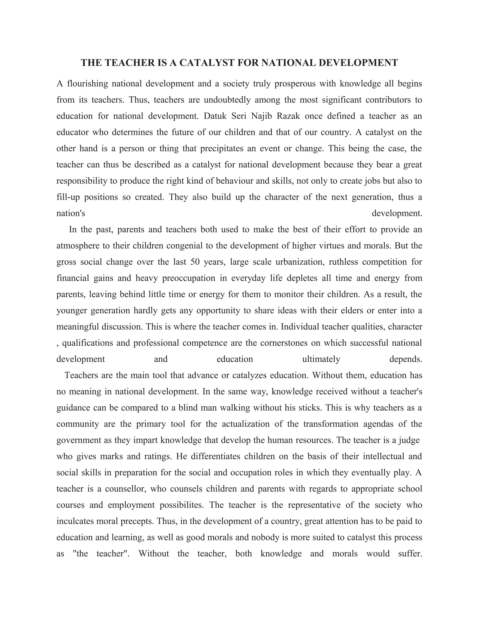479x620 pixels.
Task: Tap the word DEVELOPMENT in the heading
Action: [x=358, y=63]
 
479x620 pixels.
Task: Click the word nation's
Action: [x=71, y=213]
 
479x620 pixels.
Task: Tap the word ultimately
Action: [x=321, y=359]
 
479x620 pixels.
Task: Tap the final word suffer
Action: [x=410, y=553]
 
